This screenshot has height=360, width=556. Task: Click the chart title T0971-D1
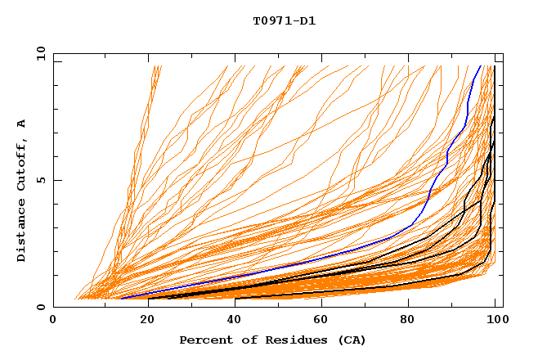coord(284,20)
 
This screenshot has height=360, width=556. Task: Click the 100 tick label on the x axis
coord(496,321)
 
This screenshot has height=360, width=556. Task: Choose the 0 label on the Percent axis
coord(54,321)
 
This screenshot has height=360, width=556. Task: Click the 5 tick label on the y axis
coord(40,180)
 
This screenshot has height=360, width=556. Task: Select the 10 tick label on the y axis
coord(38,53)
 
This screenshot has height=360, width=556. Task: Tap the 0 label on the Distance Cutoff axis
coord(40,307)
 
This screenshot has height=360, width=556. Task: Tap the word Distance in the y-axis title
coord(21,231)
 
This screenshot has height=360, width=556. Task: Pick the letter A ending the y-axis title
coord(21,123)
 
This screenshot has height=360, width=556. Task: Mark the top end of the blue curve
coord(480,66)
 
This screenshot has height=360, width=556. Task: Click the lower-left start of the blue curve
coord(121,299)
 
